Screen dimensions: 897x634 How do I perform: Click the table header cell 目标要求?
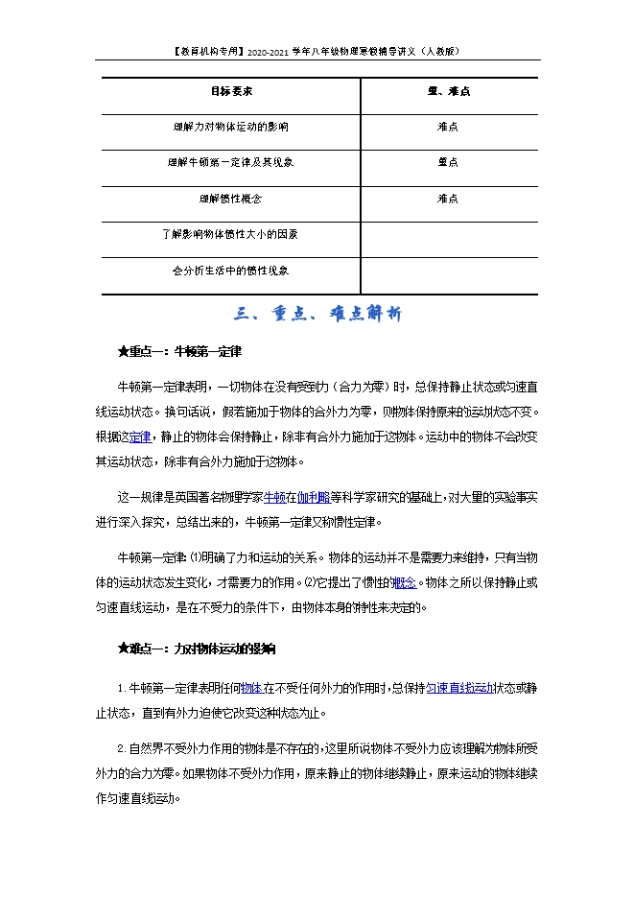tap(231, 92)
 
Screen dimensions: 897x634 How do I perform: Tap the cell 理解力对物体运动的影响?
tap(231, 127)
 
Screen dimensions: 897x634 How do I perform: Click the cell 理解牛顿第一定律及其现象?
tap(231, 162)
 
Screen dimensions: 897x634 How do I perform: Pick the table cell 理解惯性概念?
tap(231, 199)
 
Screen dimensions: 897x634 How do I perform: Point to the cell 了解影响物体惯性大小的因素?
tap(231, 234)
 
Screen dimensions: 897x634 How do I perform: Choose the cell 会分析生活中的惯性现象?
tap(231, 271)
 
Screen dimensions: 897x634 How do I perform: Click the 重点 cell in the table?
tap(448, 162)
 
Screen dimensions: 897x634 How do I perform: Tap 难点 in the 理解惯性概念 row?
tap(448, 199)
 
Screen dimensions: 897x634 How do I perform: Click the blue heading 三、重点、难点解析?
tap(317, 314)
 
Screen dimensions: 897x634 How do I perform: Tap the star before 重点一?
tap(123, 352)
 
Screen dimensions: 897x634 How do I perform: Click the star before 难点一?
tap(123, 649)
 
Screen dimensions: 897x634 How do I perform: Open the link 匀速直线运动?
tap(459, 688)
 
